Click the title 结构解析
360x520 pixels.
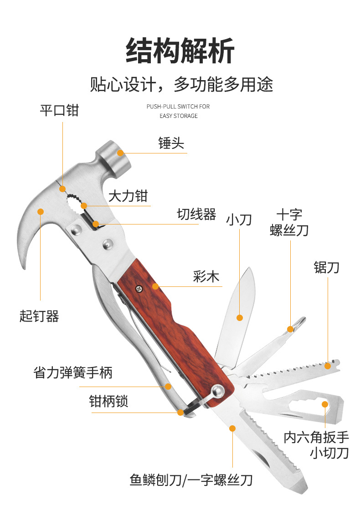180,50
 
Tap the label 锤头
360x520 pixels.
171,143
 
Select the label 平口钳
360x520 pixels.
59,110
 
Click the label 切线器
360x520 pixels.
196,214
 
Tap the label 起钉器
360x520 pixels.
39,316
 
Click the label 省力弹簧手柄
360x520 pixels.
73,373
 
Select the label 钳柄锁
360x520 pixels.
108,402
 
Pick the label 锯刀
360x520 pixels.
326,267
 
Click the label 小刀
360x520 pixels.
239,220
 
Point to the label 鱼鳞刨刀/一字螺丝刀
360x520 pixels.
191,479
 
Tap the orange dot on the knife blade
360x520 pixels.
239,317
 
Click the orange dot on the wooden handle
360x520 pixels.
156,286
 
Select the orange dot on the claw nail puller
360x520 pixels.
41,211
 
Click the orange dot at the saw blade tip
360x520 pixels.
328,365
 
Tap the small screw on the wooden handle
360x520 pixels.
139,287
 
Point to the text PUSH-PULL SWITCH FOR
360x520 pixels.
178,107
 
